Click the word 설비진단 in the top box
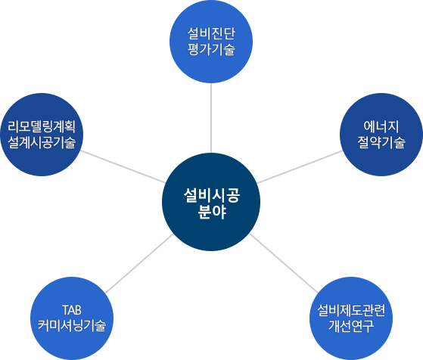(211, 34)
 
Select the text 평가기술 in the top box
(211, 50)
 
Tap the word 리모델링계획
(42, 126)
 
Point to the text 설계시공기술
(42, 142)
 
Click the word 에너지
(381, 126)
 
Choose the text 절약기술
(381, 142)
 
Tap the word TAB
(72, 309)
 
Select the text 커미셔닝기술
(72, 326)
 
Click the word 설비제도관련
(351, 309)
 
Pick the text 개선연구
(351, 326)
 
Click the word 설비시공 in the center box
(211, 195)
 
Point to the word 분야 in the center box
(211, 213)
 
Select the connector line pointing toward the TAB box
(110, 289)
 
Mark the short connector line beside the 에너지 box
(341, 151)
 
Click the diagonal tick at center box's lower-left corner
(167, 239)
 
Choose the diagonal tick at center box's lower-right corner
(255, 239)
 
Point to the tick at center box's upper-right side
(260, 182)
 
